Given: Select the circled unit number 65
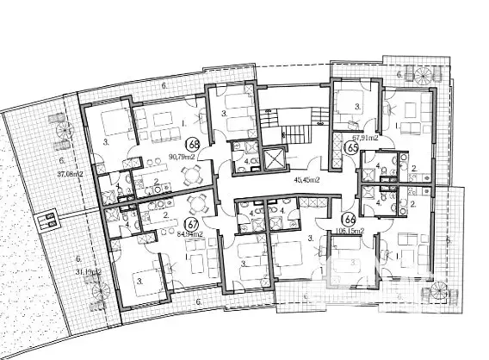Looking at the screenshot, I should point(351,148).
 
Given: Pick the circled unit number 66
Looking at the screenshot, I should point(349,219).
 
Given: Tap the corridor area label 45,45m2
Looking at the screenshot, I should point(306,181).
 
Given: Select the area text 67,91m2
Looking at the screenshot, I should point(365,135).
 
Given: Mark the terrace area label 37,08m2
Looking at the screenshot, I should point(45,173).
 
